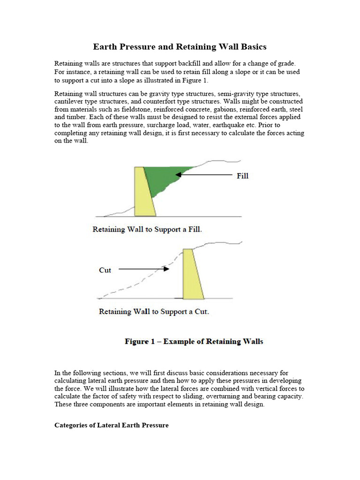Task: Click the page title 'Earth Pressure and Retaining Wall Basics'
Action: tap(180, 47)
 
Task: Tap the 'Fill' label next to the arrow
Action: tap(242, 176)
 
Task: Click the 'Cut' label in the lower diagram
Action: tap(105, 270)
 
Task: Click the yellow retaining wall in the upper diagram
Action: tap(143, 192)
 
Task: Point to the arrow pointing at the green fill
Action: tap(204, 174)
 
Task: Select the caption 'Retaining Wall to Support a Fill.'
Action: tap(147, 230)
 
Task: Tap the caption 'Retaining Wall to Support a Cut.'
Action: tap(154, 312)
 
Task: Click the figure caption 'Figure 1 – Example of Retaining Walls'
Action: tap(194, 341)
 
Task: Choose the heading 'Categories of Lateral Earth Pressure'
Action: tap(112, 425)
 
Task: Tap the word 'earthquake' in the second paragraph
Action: tap(216, 125)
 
